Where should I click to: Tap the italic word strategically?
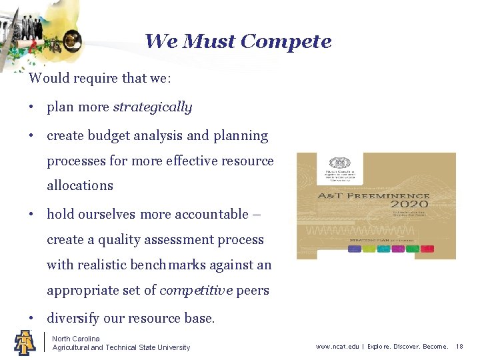tap(153, 107)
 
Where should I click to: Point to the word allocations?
tap(80, 186)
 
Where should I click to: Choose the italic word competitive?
tap(195, 291)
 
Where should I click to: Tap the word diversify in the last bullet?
tap(73, 319)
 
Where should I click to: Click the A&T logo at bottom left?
tap(24, 342)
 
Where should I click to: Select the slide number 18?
tap(459, 347)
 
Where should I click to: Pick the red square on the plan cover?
tap(427, 249)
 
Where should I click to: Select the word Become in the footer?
tap(435, 347)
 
